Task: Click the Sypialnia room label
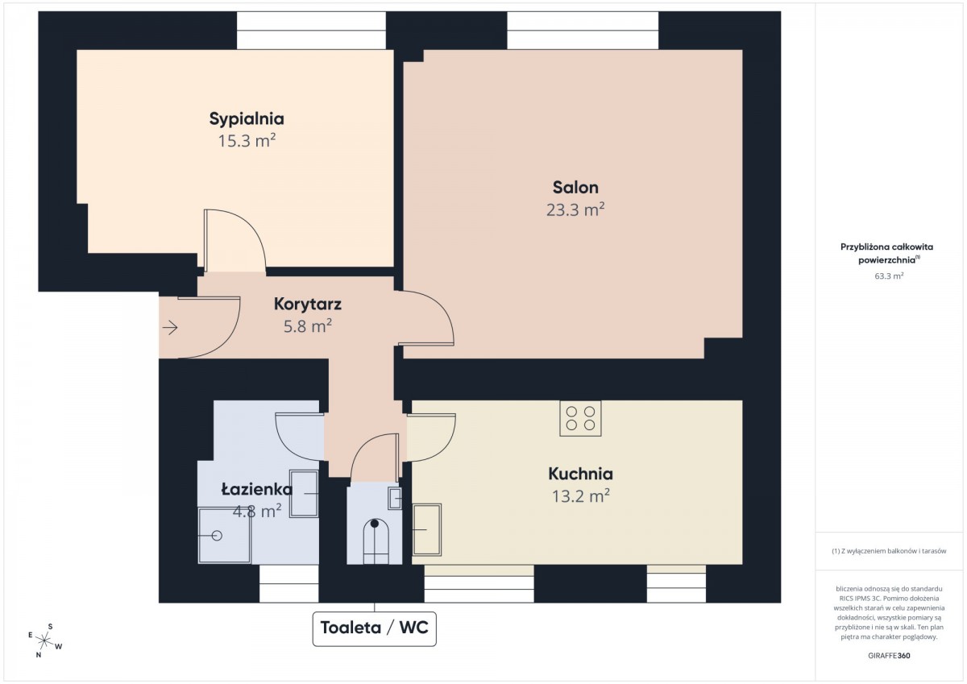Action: click(247, 119)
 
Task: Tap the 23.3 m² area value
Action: click(575, 209)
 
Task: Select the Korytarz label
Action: click(307, 305)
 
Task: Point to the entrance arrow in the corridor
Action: click(170, 328)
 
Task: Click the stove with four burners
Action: click(580, 418)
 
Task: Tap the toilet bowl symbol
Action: click(376, 541)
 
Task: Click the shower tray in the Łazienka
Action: click(225, 535)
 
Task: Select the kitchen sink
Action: click(427, 529)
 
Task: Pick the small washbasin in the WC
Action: click(395, 499)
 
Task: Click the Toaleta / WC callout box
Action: click(374, 628)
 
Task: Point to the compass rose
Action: click(44, 640)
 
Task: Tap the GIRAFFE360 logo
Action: click(889, 656)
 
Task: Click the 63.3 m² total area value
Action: click(889, 276)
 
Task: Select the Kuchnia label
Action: click(580, 474)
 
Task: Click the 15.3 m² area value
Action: click(247, 141)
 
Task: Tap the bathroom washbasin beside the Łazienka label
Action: click(304, 494)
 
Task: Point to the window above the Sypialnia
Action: click(311, 30)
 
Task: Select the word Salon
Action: click(575, 188)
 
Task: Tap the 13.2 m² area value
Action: click(581, 496)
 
